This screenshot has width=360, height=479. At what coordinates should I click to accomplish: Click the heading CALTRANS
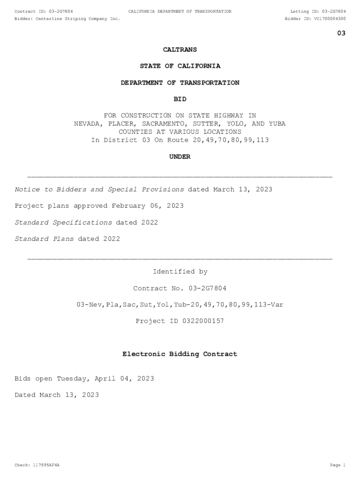click(x=180, y=49)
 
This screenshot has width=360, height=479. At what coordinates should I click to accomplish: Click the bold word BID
click(x=180, y=99)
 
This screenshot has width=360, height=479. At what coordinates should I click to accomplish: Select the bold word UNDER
click(x=180, y=157)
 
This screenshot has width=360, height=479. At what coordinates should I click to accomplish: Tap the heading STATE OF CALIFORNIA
click(x=180, y=66)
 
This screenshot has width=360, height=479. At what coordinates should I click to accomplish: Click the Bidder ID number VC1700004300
click(x=330, y=19)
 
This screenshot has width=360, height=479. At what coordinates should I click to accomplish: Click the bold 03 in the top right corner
click(x=341, y=33)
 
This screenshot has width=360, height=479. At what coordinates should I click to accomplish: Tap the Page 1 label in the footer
click(x=337, y=465)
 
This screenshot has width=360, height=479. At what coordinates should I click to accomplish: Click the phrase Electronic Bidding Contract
click(x=180, y=354)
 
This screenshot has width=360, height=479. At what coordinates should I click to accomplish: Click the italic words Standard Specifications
click(x=64, y=222)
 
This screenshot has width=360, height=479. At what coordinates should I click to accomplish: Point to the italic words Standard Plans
click(x=44, y=239)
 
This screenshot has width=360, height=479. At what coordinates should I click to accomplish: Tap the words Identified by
click(x=180, y=272)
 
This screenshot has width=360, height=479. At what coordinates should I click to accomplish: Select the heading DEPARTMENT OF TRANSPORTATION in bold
click(x=180, y=83)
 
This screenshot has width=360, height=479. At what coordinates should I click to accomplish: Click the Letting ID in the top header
click(x=318, y=11)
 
